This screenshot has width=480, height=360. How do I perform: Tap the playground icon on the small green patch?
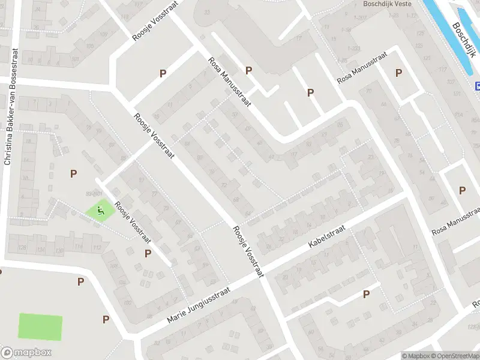pyautogui.click(x=100, y=210)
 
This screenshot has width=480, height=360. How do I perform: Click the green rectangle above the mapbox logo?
pyautogui.click(x=40, y=326)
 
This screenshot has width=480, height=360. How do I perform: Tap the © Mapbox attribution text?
pyautogui.click(x=415, y=356)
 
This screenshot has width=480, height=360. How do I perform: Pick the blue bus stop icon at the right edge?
pyautogui.click(x=478, y=86)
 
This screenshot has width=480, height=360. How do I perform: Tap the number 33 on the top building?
pyautogui.click(x=208, y=12)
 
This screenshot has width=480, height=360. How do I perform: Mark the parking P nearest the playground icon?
pyautogui.click(x=73, y=174)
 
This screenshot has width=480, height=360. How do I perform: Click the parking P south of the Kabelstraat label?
pyautogui.click(x=366, y=294)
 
